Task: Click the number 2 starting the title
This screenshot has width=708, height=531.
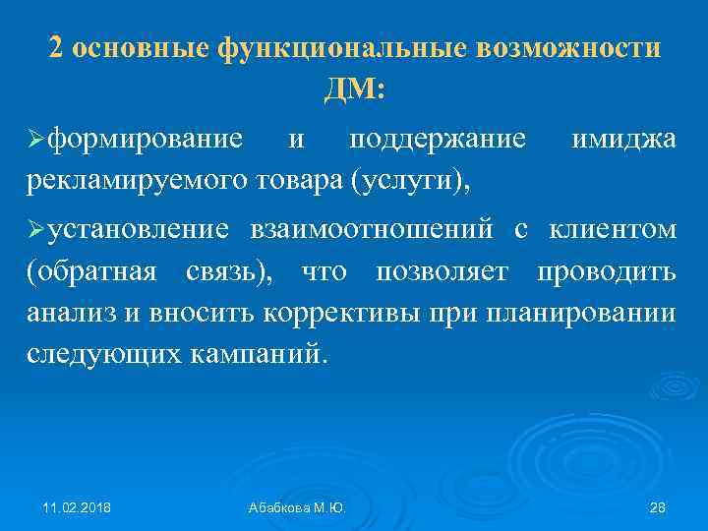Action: point(57,49)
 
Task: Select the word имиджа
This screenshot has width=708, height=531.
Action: point(623,141)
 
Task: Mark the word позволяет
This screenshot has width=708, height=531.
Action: point(449,271)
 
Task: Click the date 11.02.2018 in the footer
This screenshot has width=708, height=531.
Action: point(76,507)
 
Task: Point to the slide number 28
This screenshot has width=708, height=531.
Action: point(659,507)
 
